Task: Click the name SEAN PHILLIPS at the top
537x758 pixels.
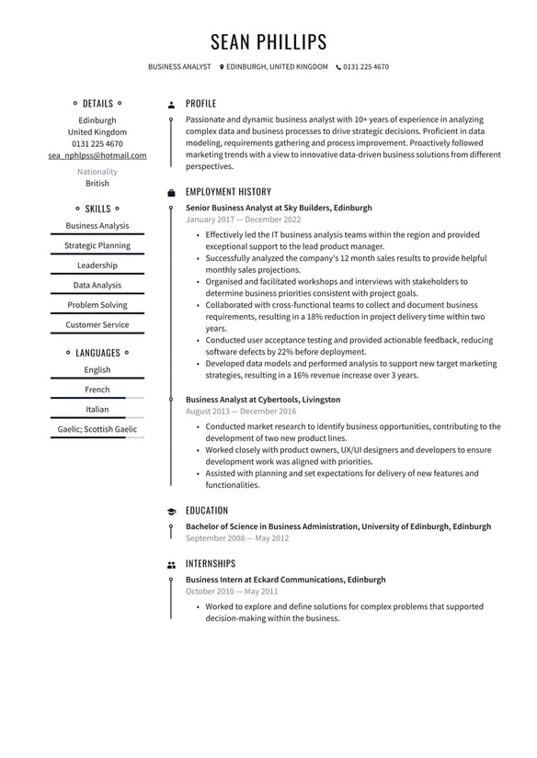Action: [268, 42]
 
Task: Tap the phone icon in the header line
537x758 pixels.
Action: [338, 67]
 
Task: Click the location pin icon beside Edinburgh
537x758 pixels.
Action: [222, 67]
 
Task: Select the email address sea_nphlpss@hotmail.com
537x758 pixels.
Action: [97, 155]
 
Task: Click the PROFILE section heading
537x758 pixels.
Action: [200, 104]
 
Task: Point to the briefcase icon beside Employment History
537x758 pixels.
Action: [171, 193]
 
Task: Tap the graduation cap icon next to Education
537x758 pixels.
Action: [171, 512]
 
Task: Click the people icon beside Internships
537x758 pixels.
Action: [171, 565]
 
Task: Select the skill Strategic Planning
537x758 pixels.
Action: [97, 245]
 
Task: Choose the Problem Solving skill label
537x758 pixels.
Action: [97, 305]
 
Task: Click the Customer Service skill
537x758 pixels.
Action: [97, 324]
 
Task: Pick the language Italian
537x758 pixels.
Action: [97, 410]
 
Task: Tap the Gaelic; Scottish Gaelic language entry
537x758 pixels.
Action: [97, 429]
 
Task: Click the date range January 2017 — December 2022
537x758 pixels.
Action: [243, 220]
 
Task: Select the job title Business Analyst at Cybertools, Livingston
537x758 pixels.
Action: [263, 400]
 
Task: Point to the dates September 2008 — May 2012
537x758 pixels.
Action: [237, 538]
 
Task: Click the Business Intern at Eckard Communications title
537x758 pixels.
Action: [285, 580]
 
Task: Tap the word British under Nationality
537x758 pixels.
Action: [97, 184]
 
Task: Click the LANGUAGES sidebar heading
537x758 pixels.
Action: [97, 353]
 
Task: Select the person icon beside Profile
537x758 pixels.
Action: [171, 105]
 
